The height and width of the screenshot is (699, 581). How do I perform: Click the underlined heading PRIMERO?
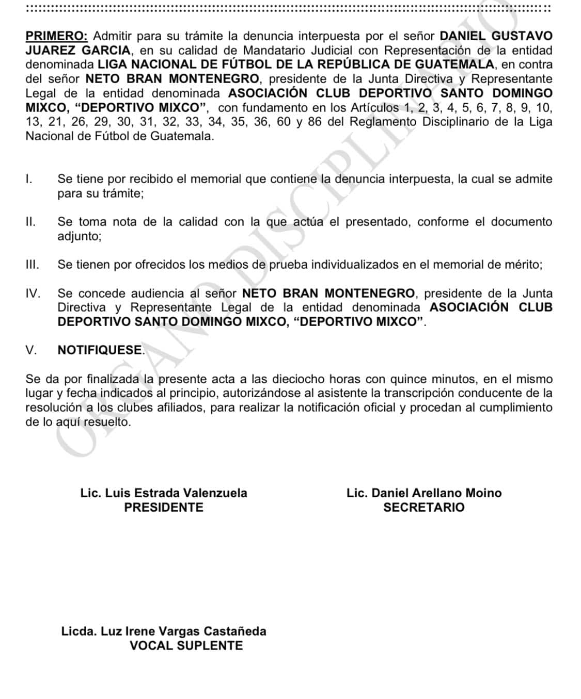point(56,36)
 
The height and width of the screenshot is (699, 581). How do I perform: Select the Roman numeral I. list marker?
point(29,179)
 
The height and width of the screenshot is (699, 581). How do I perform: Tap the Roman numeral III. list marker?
point(32,265)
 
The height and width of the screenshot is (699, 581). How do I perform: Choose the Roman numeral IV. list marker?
point(33,294)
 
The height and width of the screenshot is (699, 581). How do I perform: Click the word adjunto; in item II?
point(80,236)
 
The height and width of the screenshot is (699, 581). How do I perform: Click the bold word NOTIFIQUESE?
point(100,350)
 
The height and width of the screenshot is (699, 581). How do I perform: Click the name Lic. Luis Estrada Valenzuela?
point(164,493)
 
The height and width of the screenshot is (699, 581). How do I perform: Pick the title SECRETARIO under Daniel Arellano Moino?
point(423,508)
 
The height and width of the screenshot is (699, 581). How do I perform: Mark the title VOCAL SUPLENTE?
point(186,646)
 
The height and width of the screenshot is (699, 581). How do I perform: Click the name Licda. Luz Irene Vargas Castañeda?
point(164,631)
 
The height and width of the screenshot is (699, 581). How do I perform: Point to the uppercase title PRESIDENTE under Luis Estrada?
point(164,508)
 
